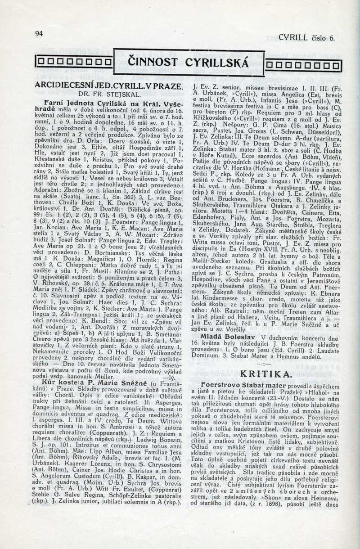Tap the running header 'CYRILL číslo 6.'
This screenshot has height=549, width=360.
coord(307,38)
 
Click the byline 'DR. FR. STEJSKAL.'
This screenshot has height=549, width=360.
coord(108,94)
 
